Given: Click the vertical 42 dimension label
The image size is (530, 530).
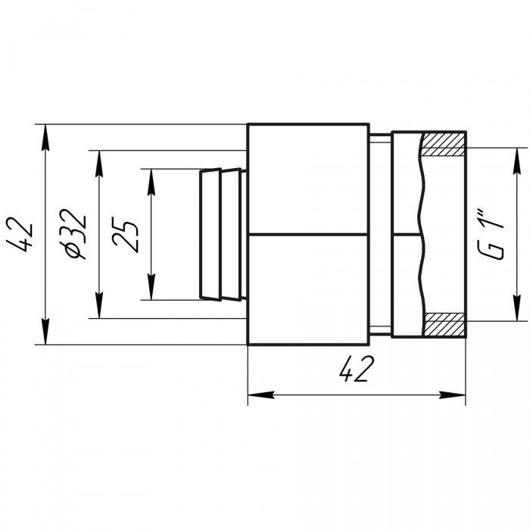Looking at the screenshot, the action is click(22, 234).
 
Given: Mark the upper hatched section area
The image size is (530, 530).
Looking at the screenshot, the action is click(444, 145).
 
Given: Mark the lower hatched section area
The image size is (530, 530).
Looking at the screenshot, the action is click(444, 324).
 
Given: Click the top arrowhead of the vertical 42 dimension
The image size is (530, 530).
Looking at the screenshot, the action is click(45, 137).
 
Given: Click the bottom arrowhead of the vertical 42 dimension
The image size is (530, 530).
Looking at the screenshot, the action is click(45, 332).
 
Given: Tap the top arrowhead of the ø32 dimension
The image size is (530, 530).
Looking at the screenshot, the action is click(99, 164).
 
